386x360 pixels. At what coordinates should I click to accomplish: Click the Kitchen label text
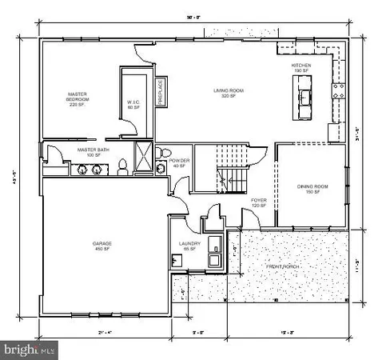pyautogui.click(x=300, y=66)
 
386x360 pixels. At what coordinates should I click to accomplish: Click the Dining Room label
pyautogui.click(x=308, y=189)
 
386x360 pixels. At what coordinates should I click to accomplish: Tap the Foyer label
pyautogui.click(x=258, y=202)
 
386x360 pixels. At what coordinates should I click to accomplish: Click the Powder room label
pyautogui.click(x=180, y=163)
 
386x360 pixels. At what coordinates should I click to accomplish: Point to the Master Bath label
pyautogui.click(x=93, y=152)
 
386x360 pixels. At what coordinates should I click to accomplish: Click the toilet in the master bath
pyautogui.click(x=123, y=168)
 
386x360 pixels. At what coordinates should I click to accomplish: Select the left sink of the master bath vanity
pyautogui.click(x=82, y=170)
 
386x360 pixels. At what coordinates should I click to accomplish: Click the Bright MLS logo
pyautogui.click(x=30, y=349)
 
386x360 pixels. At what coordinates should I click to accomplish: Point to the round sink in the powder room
pyautogui.click(x=160, y=168)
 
